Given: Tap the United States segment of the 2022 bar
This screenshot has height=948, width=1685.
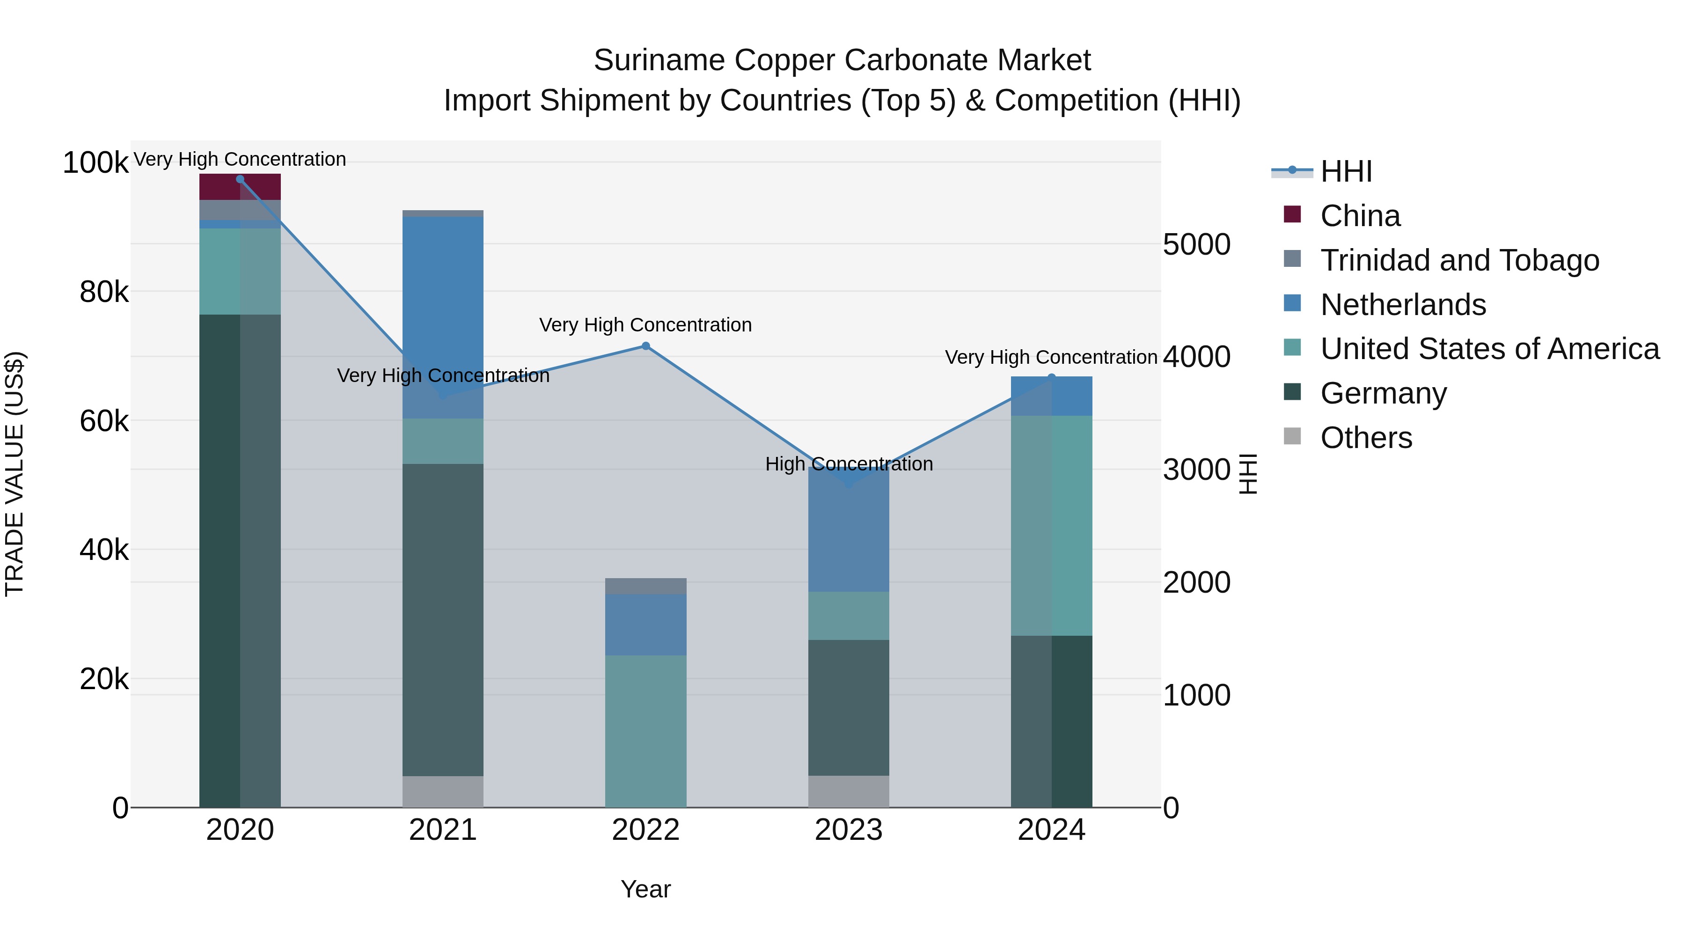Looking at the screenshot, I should coord(645,731).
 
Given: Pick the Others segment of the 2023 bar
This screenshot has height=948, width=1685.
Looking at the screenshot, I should coord(849,791).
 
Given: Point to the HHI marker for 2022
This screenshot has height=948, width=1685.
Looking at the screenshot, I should coord(645,346).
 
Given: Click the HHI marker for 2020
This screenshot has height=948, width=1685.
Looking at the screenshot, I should coord(240,179).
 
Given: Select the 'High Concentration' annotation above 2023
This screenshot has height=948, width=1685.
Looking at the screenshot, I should coord(849,464).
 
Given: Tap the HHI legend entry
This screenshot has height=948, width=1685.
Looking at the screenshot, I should coord(1346,171).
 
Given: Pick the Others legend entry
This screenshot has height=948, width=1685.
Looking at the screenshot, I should coord(1366,438).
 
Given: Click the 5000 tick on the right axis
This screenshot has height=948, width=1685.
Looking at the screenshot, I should coord(1196,245).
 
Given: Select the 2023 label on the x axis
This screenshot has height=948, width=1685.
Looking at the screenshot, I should coord(849,830).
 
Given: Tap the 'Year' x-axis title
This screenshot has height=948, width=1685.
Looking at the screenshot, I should coord(645,889).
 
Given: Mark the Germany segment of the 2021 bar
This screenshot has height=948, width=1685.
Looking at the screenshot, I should coord(443,619).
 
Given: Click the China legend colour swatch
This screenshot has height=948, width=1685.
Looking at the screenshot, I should coord(1292,214).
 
